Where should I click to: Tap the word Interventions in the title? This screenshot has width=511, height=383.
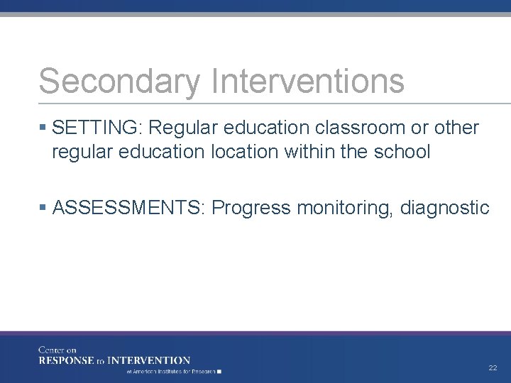[307, 81]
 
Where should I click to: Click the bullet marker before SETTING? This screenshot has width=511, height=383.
[44, 128]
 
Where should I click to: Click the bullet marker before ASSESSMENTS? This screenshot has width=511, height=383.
[44, 208]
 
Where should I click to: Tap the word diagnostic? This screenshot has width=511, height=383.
[445, 209]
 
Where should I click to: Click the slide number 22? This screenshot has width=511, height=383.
[493, 368]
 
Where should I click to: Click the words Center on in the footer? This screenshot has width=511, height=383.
[57, 350]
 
